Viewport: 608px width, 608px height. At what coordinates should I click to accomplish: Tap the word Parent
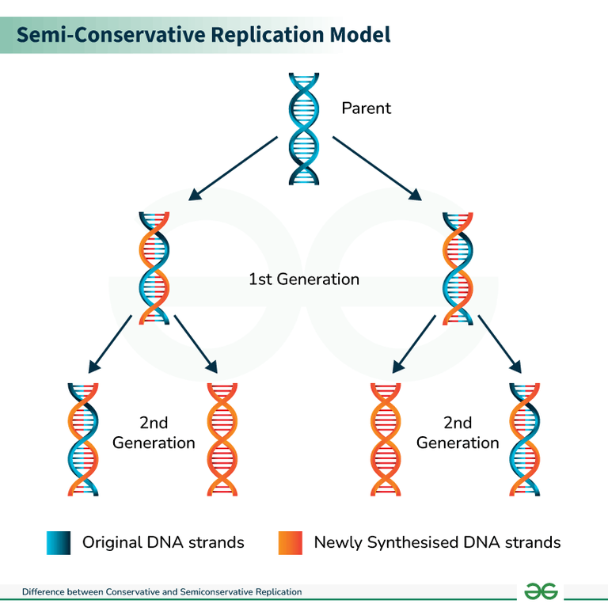click(366, 108)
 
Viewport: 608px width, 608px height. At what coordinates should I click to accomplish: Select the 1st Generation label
click(304, 279)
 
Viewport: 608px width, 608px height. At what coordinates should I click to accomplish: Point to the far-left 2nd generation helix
click(82, 439)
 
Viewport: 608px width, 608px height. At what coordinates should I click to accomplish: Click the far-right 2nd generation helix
click(524, 439)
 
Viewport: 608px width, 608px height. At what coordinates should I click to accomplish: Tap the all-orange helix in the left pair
click(222, 439)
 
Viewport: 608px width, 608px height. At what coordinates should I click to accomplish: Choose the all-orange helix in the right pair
click(386, 439)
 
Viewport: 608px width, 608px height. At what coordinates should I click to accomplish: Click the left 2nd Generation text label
click(154, 433)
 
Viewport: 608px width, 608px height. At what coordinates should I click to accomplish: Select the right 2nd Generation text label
click(458, 433)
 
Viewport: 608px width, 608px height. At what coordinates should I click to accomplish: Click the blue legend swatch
click(59, 542)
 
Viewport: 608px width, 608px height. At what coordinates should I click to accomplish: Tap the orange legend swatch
click(291, 542)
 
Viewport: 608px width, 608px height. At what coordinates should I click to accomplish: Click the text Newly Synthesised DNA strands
click(437, 542)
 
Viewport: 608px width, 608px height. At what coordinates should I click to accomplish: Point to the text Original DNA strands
click(163, 542)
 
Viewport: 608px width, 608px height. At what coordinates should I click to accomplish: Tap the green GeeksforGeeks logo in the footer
click(541, 591)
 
